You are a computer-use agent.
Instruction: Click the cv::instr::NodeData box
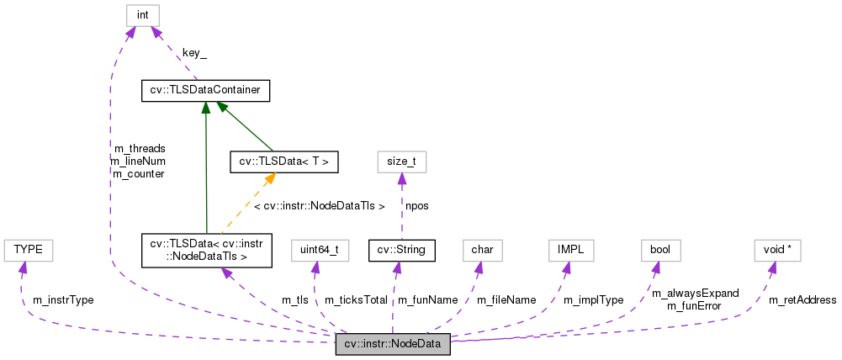393,344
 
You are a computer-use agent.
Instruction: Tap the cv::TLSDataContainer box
205,90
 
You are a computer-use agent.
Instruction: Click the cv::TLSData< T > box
283,161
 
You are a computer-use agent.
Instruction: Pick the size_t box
401,161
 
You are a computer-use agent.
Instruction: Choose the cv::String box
401,250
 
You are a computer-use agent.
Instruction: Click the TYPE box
28,250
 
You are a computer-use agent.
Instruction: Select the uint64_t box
319,250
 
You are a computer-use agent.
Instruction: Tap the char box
482,250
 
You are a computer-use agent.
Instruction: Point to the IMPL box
571,250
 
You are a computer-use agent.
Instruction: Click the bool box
660,250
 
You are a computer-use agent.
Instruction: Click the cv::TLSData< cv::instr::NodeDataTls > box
207,251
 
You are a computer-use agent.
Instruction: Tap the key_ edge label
194,52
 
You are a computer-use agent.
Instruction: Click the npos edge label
417,205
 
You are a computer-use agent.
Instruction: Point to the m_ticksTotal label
356,299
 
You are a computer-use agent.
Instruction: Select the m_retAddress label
802,299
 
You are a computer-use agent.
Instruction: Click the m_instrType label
63,299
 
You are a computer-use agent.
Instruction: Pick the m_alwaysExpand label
695,294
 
